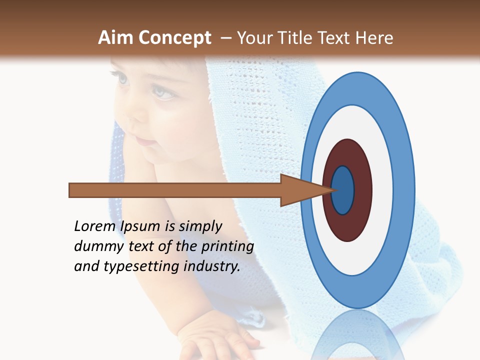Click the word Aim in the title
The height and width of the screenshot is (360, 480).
[x=116, y=38]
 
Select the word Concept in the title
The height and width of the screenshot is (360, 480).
[x=175, y=38]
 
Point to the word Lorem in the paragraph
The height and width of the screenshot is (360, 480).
[x=95, y=226]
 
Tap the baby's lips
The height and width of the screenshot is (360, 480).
[x=145, y=141]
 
